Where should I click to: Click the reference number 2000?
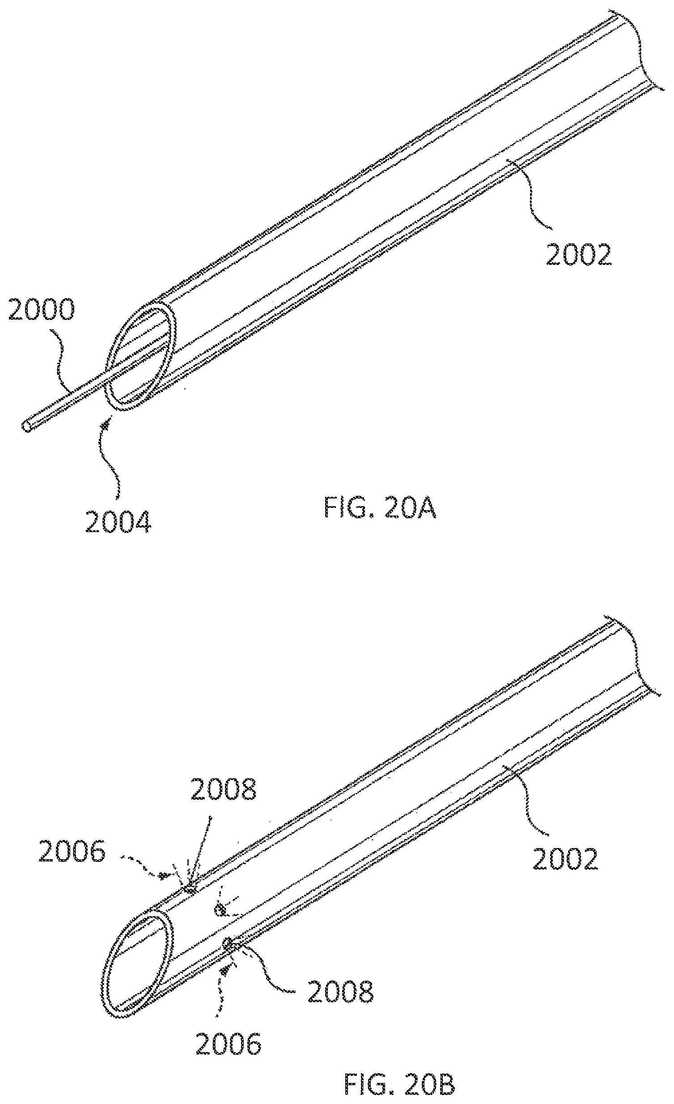[42, 310]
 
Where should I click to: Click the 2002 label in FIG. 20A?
[578, 255]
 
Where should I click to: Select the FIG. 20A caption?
[380, 508]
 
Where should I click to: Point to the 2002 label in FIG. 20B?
[565, 859]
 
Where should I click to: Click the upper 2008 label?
[224, 789]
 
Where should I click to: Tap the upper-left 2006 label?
[72, 851]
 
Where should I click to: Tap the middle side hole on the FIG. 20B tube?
[220, 909]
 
